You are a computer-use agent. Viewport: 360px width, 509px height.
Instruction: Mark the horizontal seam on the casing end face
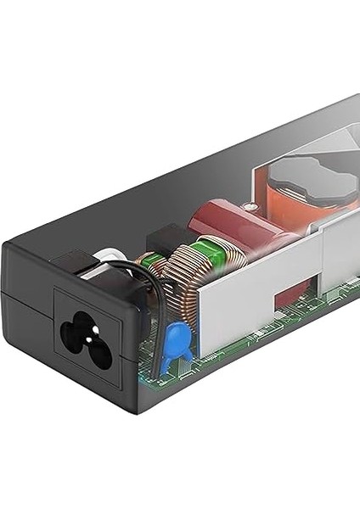pyautogui.click(x=25, y=294)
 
